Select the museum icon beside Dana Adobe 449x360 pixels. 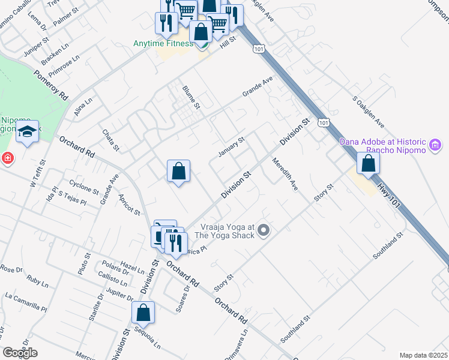(x=436, y=145)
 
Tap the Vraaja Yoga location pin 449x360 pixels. (x=264, y=230)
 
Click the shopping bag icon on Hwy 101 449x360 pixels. (x=368, y=163)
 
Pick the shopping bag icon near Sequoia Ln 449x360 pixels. (x=143, y=313)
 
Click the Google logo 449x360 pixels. (x=20, y=353)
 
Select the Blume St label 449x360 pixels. (x=191, y=97)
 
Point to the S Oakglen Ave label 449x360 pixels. (x=368, y=112)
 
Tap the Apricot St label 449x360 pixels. (x=129, y=205)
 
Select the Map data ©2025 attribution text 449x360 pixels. (x=423, y=355)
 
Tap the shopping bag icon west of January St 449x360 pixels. (x=178, y=172)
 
